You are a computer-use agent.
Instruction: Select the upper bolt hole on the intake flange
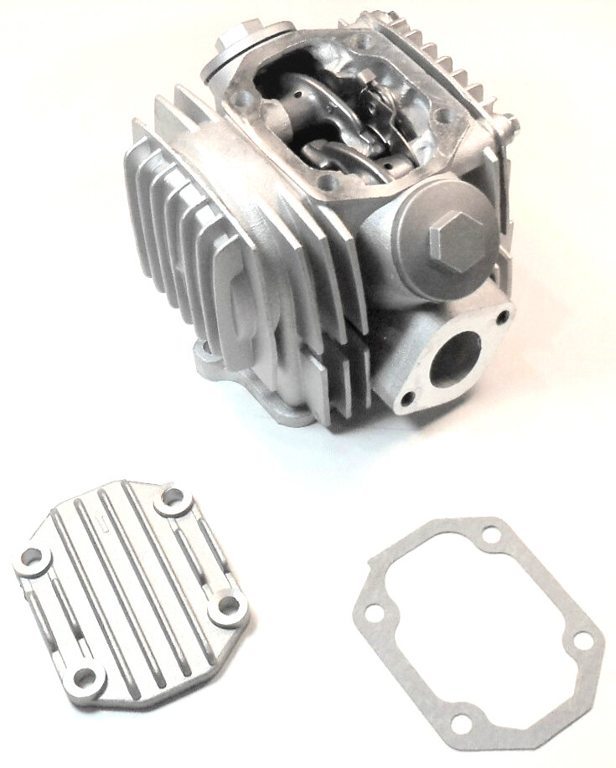[x=502, y=318]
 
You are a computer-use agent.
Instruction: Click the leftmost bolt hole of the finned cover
[x=34, y=557]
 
